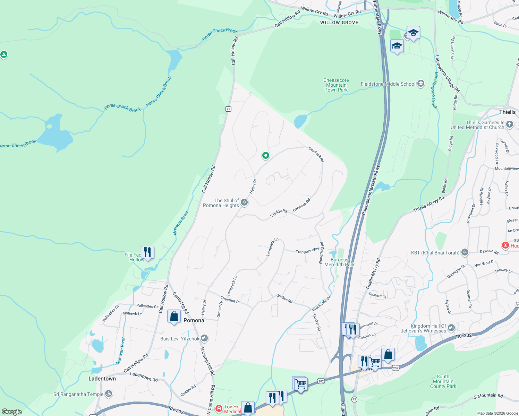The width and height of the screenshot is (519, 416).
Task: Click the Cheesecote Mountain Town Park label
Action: (x=336, y=85)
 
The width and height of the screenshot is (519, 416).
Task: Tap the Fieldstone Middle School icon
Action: (x=421, y=84)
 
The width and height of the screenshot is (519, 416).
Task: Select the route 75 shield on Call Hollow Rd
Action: (x=228, y=109)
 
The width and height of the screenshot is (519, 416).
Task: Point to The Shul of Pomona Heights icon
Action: (x=244, y=202)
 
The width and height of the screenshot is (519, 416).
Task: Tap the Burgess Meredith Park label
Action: (x=339, y=262)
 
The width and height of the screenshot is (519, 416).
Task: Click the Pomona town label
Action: (x=194, y=320)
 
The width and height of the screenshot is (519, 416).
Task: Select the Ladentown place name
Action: (x=102, y=379)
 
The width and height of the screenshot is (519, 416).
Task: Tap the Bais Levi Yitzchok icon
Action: (x=204, y=338)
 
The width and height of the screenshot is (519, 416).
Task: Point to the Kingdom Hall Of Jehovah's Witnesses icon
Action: (x=451, y=328)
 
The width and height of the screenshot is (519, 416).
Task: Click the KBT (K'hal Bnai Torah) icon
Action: (x=465, y=252)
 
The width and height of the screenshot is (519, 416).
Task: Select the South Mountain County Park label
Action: (x=443, y=381)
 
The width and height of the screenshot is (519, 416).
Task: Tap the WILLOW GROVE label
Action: (x=339, y=23)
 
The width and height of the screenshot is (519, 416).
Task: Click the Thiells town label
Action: (x=507, y=112)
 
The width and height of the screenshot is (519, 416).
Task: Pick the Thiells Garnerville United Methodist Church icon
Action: (x=510, y=124)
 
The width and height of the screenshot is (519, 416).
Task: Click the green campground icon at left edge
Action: (x=4, y=54)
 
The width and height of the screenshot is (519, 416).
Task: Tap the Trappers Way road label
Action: (x=307, y=250)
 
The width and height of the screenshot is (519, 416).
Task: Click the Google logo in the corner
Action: (x=12, y=411)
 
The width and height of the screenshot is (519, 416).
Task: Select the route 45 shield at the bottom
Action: (x=354, y=399)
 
